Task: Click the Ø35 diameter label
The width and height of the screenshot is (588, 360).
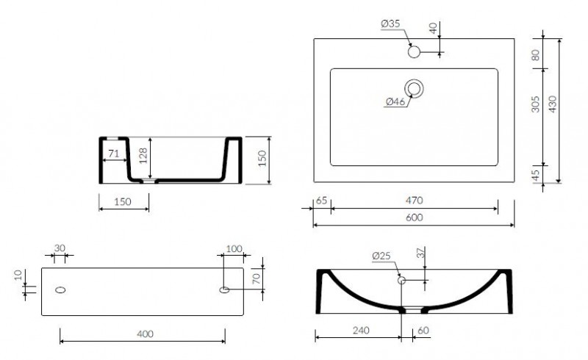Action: click(x=390, y=24)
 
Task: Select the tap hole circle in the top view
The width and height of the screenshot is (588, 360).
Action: click(x=414, y=52)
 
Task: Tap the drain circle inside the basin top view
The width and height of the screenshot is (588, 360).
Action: click(x=416, y=90)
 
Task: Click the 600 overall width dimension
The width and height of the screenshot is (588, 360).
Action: click(x=415, y=218)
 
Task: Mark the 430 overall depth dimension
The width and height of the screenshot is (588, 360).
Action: click(x=553, y=105)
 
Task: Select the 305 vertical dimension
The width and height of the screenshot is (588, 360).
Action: click(x=537, y=105)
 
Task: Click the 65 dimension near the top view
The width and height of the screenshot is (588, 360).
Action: click(x=321, y=201)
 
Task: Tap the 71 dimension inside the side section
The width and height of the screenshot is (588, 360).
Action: click(x=114, y=154)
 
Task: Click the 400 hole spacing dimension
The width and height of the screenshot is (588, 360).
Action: click(x=145, y=334)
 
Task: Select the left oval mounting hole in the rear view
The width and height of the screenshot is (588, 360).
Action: click(x=60, y=289)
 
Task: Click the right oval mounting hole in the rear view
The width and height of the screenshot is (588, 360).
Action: click(x=225, y=289)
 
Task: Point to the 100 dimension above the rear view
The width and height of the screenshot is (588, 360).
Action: click(x=234, y=249)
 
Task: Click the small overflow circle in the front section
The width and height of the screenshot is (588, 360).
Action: click(x=402, y=280)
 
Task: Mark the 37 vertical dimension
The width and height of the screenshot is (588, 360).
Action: click(x=420, y=253)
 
